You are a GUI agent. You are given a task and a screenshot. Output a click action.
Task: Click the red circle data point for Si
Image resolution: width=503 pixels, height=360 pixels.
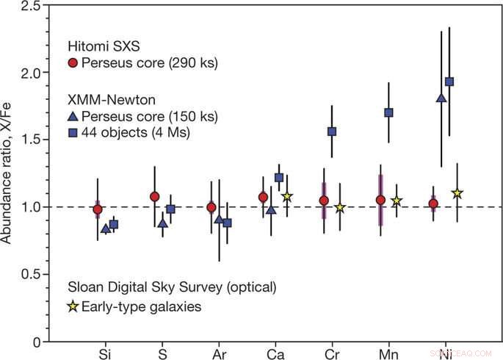pos(98,209)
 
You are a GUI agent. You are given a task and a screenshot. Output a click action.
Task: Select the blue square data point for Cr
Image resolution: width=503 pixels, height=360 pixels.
pos(332,132)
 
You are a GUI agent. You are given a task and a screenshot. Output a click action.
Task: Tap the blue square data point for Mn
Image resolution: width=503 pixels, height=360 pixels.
pos(389,112)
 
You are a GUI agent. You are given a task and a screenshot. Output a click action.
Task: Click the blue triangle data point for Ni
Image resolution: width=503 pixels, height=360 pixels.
pos(441,98)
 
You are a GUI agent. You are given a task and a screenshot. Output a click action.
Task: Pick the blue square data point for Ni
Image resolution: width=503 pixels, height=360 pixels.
pos(450,82)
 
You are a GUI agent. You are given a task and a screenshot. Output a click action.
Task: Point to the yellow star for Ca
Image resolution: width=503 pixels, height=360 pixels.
pos(287,196)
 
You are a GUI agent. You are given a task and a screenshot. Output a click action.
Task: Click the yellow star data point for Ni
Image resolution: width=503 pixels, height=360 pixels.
pos(457,193)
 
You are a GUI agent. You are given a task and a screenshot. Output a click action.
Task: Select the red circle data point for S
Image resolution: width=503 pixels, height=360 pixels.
pos(155,196)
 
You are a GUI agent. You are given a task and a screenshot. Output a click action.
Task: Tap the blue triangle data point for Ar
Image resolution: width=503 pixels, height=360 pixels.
pos(218,220)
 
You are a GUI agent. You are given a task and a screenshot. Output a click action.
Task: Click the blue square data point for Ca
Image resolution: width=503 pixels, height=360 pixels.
pos(279,177)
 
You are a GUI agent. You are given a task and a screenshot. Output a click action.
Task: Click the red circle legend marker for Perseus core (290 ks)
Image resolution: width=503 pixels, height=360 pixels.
pos(72,62)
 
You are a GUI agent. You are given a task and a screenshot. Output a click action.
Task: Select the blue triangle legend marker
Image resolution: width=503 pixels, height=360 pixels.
pos(72,118)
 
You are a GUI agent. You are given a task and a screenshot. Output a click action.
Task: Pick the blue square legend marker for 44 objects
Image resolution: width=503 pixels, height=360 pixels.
pos(72,133)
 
